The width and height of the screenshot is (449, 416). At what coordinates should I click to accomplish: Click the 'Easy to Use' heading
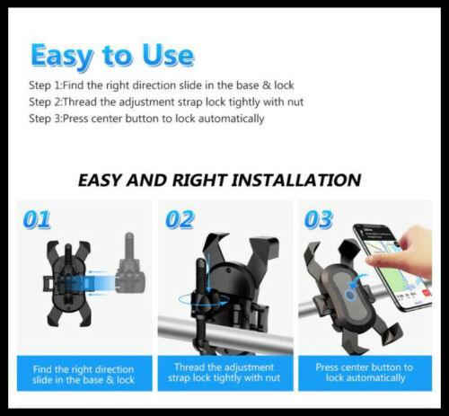tap(111, 56)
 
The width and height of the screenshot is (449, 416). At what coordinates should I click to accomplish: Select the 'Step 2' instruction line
tap(166, 102)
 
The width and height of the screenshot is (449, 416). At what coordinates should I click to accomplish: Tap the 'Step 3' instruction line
tap(147, 119)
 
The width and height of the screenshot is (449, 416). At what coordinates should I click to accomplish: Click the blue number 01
tap(37, 219)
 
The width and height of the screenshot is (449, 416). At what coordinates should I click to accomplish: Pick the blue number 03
tap(319, 219)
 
